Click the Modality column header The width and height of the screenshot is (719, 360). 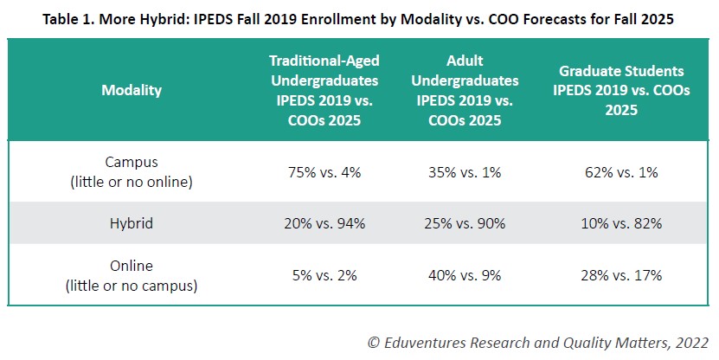click(x=132, y=90)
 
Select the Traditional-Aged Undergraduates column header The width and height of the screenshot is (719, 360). click(x=324, y=90)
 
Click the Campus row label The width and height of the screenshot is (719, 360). click(x=132, y=172)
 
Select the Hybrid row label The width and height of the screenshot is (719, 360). click(x=132, y=223)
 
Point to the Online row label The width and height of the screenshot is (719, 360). click(x=132, y=275)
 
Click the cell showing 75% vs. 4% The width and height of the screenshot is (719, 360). click(x=324, y=172)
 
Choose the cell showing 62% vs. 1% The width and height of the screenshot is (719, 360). click(x=622, y=172)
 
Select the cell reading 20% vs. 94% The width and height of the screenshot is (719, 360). click(x=324, y=223)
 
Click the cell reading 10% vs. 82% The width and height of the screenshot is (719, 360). click(x=622, y=223)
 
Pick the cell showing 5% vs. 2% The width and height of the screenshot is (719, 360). click(x=324, y=275)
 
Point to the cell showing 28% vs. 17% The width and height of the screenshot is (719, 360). click(x=622, y=275)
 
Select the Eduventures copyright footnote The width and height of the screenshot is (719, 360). click(x=538, y=342)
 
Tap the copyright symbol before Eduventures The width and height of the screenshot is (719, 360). click(x=374, y=342)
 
